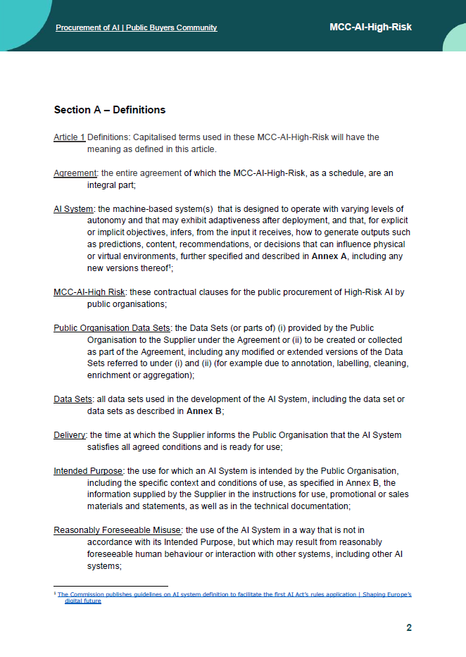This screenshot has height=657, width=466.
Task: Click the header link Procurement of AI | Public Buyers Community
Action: pyautogui.click(x=136, y=27)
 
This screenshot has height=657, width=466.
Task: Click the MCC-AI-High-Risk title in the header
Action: pyautogui.click(x=370, y=27)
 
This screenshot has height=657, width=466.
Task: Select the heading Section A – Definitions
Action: pyautogui.click(x=109, y=110)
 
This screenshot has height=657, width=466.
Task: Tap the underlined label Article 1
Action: pyautogui.click(x=69, y=137)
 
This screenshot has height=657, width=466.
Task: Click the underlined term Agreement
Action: pyautogui.click(x=75, y=173)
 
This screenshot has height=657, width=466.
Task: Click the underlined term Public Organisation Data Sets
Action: pyautogui.click(x=112, y=328)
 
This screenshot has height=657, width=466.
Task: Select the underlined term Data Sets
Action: pyautogui.click(x=73, y=399)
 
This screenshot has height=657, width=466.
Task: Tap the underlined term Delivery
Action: pyautogui.click(x=70, y=435)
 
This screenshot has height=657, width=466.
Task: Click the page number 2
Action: pyautogui.click(x=409, y=628)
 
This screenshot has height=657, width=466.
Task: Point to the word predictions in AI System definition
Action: pyautogui.click(x=121, y=244)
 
